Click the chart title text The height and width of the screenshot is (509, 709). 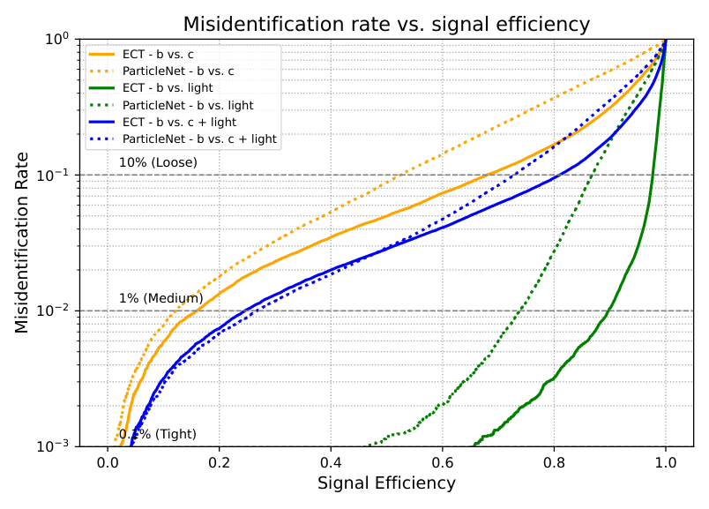386,24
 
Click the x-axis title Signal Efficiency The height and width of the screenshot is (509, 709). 386,483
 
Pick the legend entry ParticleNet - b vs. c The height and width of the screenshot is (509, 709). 177,71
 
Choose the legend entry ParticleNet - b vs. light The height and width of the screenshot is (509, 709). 185,105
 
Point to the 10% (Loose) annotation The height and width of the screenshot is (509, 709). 158,162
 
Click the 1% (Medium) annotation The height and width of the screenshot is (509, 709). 160,298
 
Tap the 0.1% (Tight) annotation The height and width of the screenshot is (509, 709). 157,434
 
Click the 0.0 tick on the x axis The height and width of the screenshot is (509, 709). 108,460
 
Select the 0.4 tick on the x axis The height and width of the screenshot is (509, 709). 331,460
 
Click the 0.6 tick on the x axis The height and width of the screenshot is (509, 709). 443,460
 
